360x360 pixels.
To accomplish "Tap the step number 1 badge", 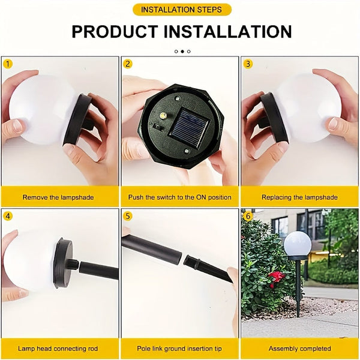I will click(x=8, y=64).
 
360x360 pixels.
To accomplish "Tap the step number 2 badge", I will click(x=128, y=64).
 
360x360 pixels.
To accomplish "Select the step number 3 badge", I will click(x=248, y=64).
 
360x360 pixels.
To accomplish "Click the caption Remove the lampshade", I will click(x=58, y=197).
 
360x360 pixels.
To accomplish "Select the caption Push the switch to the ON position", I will click(x=180, y=197).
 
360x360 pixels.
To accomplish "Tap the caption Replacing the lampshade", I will click(x=299, y=197).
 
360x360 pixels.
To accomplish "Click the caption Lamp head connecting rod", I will click(x=58, y=349).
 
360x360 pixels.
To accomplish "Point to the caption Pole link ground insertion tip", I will click(x=180, y=349).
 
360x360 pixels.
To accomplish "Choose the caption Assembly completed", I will click(x=299, y=349).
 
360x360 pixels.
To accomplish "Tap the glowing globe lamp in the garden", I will click(x=298, y=244).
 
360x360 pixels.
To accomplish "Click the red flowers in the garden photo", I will click(x=277, y=277).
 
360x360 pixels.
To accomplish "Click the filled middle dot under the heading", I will click(x=182, y=52).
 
